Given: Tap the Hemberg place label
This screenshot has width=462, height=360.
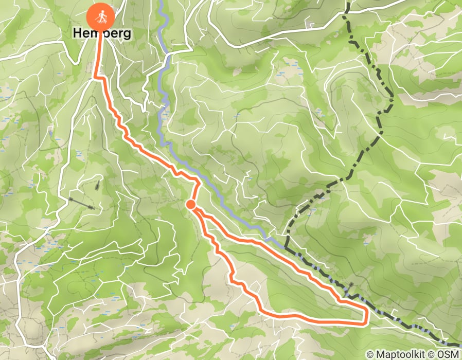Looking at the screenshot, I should click(102, 33).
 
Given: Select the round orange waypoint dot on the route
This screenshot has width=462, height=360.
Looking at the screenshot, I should click(190, 205).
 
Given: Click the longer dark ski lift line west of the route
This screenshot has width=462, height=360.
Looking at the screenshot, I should click(82, 203).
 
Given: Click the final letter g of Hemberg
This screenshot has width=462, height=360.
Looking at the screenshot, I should click(127, 34).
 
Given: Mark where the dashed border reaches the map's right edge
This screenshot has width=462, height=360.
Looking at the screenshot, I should click(459, 346).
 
